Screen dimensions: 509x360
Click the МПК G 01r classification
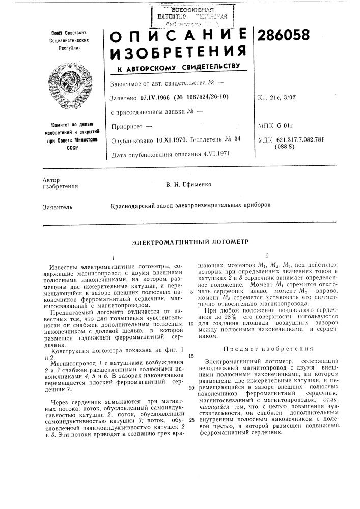(276, 125)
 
